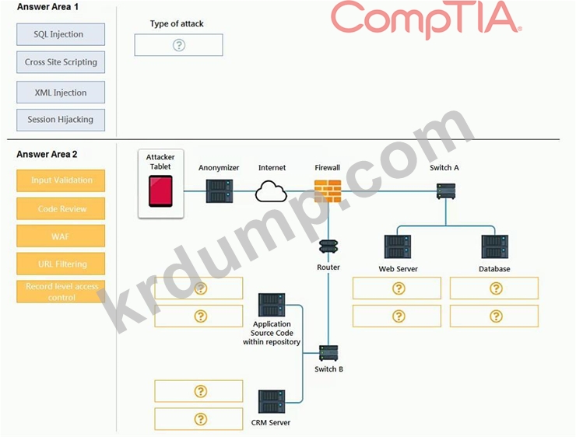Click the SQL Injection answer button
click(61, 34)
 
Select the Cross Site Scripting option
click(61, 62)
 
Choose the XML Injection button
click(61, 93)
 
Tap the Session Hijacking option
click(61, 120)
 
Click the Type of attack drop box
click(178, 45)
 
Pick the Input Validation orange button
click(61, 180)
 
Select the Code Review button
click(61, 208)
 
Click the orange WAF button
click(61, 236)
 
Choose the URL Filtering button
click(61, 264)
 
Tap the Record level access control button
click(61, 292)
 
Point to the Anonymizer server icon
click(219, 191)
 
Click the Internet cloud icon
click(272, 191)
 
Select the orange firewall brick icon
click(328, 191)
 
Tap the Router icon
click(328, 248)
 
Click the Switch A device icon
click(445, 190)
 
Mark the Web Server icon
click(398, 246)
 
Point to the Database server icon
click(494, 246)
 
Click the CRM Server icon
click(271, 401)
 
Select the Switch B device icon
click(328, 352)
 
